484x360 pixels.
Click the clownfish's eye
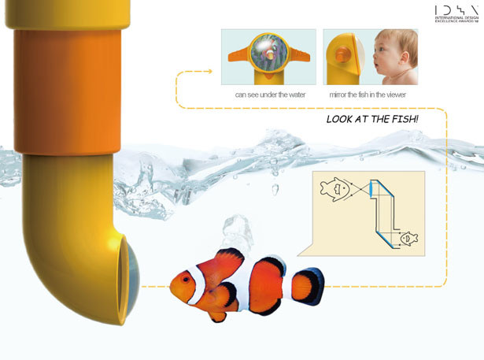point(185,278)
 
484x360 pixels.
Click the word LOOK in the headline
point(339,120)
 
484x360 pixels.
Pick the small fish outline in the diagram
point(407,237)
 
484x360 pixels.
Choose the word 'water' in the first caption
point(293,95)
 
